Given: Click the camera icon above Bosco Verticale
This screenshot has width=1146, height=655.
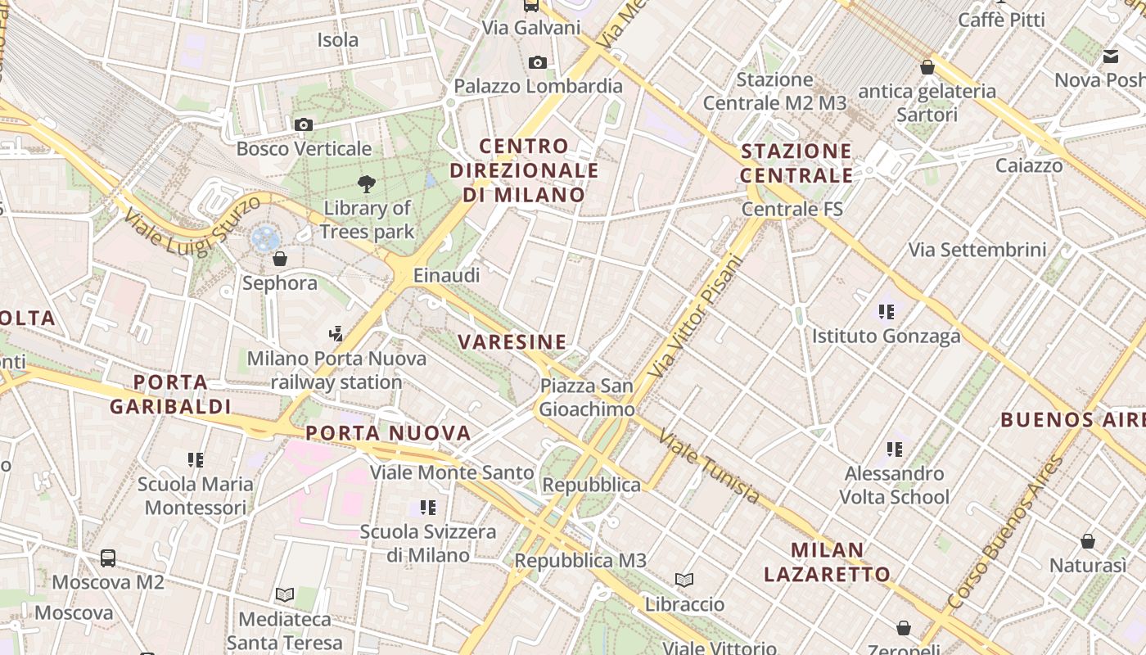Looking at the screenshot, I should click(304, 124).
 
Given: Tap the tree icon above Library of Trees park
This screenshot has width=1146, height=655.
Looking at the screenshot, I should click(367, 183).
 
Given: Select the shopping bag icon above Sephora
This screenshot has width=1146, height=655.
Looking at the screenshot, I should click(280, 259).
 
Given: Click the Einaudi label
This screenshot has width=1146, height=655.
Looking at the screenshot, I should click(446, 275).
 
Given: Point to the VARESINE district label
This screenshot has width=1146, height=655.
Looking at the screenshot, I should click(512, 341).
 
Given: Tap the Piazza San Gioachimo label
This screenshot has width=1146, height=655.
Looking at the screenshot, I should click(586, 397).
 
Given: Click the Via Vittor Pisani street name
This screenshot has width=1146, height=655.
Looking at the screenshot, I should click(696, 316).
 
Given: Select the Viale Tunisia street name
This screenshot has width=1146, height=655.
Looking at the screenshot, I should click(709, 467).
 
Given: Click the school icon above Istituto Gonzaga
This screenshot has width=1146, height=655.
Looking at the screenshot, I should click(886, 311).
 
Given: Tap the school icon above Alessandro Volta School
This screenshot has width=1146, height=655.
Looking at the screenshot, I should click(895, 449).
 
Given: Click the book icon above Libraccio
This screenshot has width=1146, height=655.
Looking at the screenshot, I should click(684, 580).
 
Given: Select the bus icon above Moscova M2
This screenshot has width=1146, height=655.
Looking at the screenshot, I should click(108, 558).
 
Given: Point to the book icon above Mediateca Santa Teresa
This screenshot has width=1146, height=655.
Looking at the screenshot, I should click(285, 594).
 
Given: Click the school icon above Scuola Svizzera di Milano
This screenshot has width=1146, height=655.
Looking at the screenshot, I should click(427, 508).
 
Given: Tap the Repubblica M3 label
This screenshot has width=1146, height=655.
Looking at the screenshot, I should click(580, 561).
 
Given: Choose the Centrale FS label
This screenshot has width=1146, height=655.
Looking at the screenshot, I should click(792, 209).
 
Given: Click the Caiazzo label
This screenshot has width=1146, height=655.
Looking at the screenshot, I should click(1029, 165).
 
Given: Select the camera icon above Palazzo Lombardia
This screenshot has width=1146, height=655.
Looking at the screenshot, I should click(538, 62).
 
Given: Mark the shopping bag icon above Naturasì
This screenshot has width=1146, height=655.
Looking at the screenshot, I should click(1088, 541).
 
